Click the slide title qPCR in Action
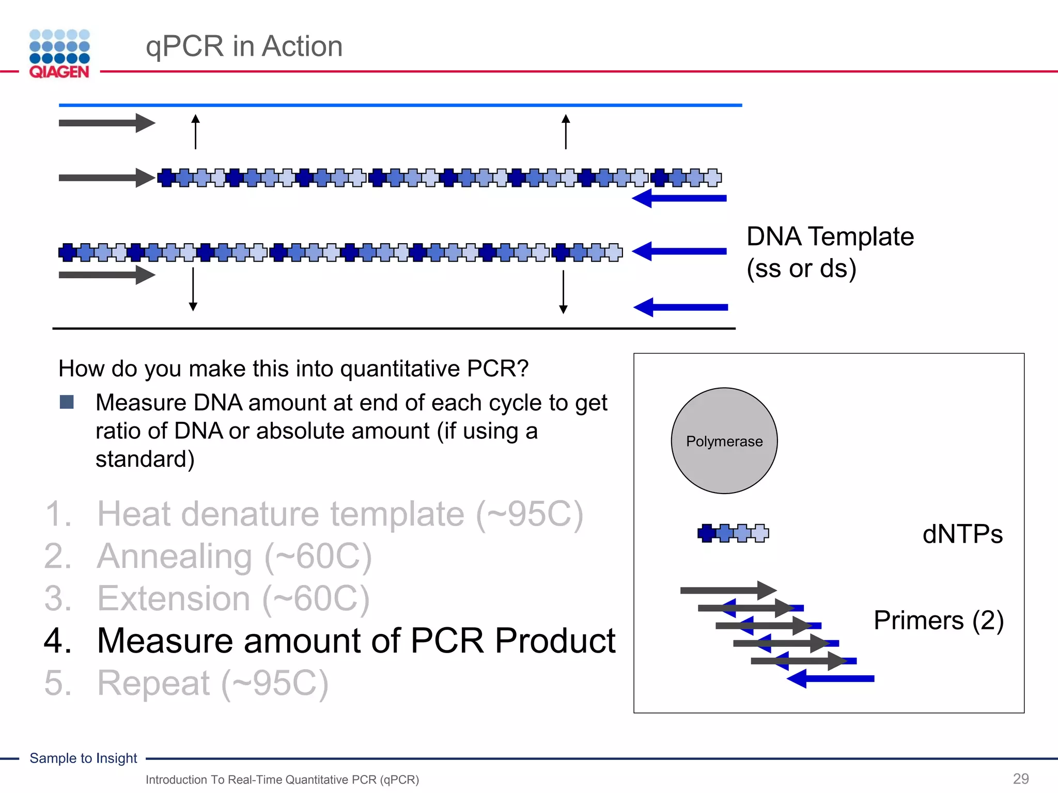244,46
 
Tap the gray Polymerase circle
724,441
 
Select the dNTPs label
962,534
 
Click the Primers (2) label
938,620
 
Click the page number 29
1020,779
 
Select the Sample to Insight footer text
83,758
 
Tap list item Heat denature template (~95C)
339,514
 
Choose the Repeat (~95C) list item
212,683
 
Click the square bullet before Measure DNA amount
67,402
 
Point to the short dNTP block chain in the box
733,533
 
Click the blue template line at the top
400,105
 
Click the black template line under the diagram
394,328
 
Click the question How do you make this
293,369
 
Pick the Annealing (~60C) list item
234,557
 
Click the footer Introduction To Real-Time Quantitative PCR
282,780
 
